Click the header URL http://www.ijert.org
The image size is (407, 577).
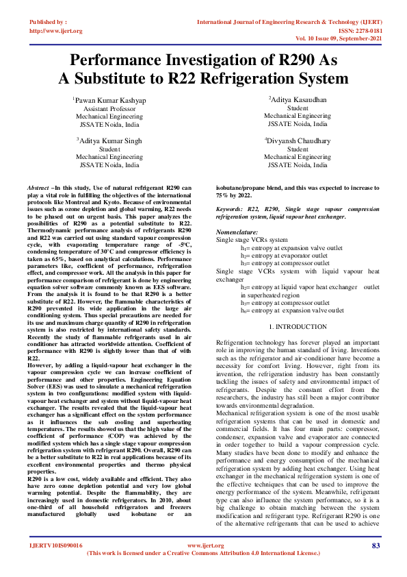pos(57,31)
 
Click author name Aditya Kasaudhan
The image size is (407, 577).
pos(298,100)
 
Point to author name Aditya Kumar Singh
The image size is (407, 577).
pos(109,140)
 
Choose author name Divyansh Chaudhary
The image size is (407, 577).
pos(298,140)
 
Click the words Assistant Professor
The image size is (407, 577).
pos(109,109)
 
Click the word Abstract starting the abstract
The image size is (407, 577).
pos(38,188)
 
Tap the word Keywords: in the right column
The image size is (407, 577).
pos(233,207)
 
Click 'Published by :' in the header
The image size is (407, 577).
pos(48,23)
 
